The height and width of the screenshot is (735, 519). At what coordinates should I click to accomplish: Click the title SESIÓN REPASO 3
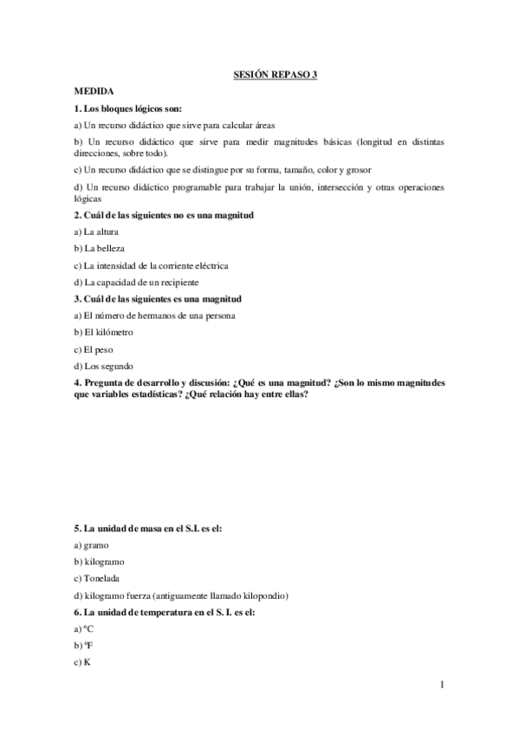(x=276, y=75)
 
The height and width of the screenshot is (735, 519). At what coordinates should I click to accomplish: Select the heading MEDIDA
(x=91, y=91)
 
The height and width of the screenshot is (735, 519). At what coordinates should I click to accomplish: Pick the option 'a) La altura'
(x=97, y=231)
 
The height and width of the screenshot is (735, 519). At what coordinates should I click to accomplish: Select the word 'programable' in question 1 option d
(x=196, y=187)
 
